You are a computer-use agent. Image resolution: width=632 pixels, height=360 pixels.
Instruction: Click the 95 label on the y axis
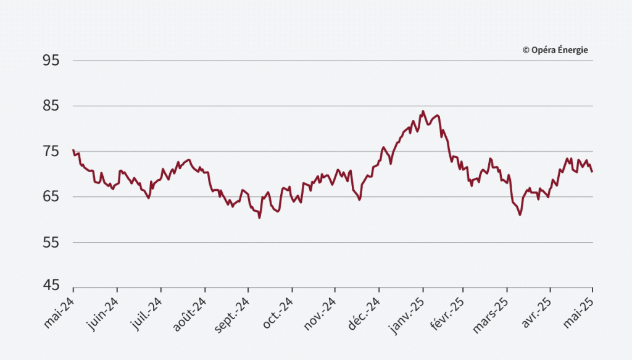tap(51, 61)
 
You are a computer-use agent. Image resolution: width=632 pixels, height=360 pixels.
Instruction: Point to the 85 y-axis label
tap(51, 106)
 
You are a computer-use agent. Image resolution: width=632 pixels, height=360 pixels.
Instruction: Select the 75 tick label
tap(51, 151)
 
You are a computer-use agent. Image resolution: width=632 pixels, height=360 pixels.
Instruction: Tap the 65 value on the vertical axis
tap(51, 197)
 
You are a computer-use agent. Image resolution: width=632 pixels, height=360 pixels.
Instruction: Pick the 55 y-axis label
tap(51, 243)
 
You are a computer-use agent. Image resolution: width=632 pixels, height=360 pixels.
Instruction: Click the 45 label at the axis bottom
tap(51, 286)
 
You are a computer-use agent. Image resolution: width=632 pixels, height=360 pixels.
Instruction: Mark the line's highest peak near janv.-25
tap(423, 111)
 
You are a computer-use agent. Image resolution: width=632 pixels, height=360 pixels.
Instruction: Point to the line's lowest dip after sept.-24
tap(259, 217)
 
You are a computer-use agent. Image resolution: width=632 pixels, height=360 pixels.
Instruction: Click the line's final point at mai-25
tap(592, 172)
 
